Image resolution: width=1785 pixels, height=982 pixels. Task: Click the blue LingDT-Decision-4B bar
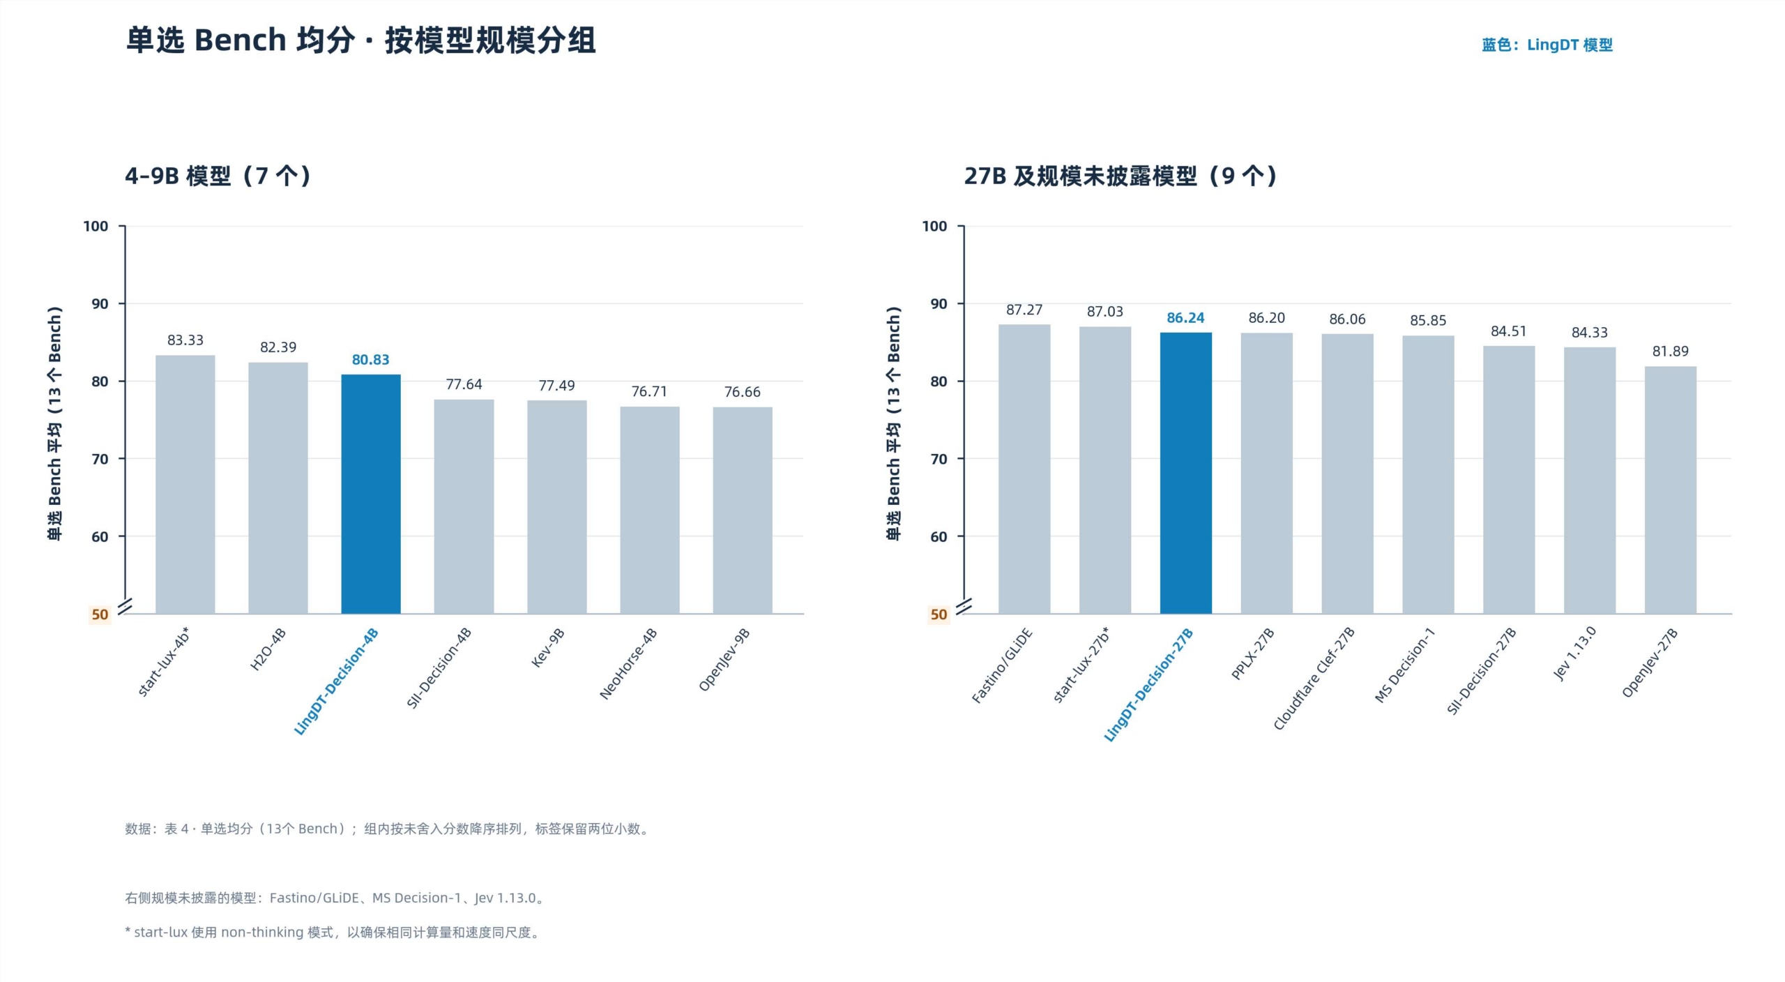coord(371,494)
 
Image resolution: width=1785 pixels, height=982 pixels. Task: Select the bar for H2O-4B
coord(278,488)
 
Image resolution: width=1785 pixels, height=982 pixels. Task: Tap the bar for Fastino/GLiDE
coord(1024,469)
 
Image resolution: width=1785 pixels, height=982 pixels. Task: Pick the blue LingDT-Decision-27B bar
coord(1186,473)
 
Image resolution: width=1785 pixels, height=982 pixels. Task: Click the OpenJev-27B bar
coord(1671,490)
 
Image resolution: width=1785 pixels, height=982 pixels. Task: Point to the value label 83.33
coord(185,340)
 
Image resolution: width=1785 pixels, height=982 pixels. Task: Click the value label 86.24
coord(1186,318)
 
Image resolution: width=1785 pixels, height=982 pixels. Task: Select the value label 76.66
coord(743,392)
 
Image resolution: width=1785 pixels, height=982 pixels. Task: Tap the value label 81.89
coord(1671,352)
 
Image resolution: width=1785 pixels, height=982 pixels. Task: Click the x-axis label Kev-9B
coord(548,648)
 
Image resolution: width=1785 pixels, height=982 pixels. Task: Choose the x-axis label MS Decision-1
coord(1405,665)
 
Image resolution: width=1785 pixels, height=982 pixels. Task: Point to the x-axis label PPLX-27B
coord(1253,654)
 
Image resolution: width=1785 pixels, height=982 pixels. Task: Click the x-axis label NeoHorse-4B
coord(628,664)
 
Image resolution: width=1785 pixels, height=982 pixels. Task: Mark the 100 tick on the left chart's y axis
coord(96,226)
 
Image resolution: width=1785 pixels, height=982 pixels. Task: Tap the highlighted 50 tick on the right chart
coord(939,614)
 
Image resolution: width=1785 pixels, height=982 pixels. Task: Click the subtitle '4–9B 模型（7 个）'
coord(218,176)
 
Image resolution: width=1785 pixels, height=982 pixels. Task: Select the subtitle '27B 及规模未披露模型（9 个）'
coord(1121,176)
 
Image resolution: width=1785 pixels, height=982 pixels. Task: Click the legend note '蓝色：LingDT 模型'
coord(1547,45)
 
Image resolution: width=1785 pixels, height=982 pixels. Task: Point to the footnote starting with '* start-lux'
coord(333,932)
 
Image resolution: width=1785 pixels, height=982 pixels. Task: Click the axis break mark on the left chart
coord(126,607)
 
